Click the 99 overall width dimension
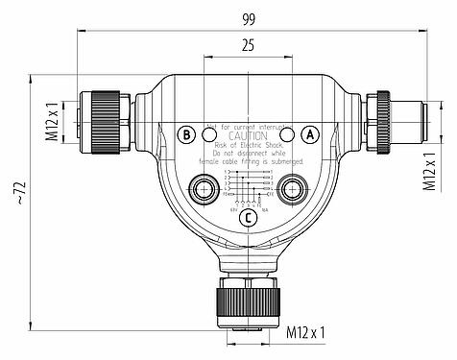point(248,16)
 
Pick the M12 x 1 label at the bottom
point(306,334)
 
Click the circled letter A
point(310,135)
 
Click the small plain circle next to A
point(284,135)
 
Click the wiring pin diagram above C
point(249,185)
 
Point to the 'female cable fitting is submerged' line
point(249,163)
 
